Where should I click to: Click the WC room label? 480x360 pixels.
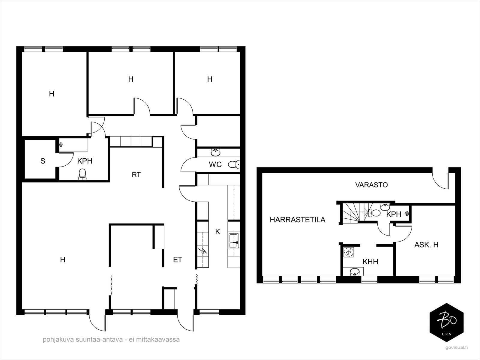215,164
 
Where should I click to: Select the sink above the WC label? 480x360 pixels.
216,152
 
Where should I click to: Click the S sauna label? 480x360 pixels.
43,161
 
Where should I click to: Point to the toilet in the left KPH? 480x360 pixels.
82,174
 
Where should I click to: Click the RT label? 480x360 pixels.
136,175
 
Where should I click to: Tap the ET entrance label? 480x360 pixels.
177,259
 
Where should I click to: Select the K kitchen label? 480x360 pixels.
217,232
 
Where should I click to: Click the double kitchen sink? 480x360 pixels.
234,241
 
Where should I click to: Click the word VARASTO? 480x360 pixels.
371,185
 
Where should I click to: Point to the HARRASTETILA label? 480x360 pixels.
298,220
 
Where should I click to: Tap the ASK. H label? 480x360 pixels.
426,244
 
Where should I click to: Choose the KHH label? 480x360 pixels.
370,261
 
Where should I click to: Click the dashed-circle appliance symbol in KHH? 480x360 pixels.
349,252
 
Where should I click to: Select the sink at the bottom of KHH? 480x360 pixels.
355,272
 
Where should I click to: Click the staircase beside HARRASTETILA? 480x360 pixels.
355,213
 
